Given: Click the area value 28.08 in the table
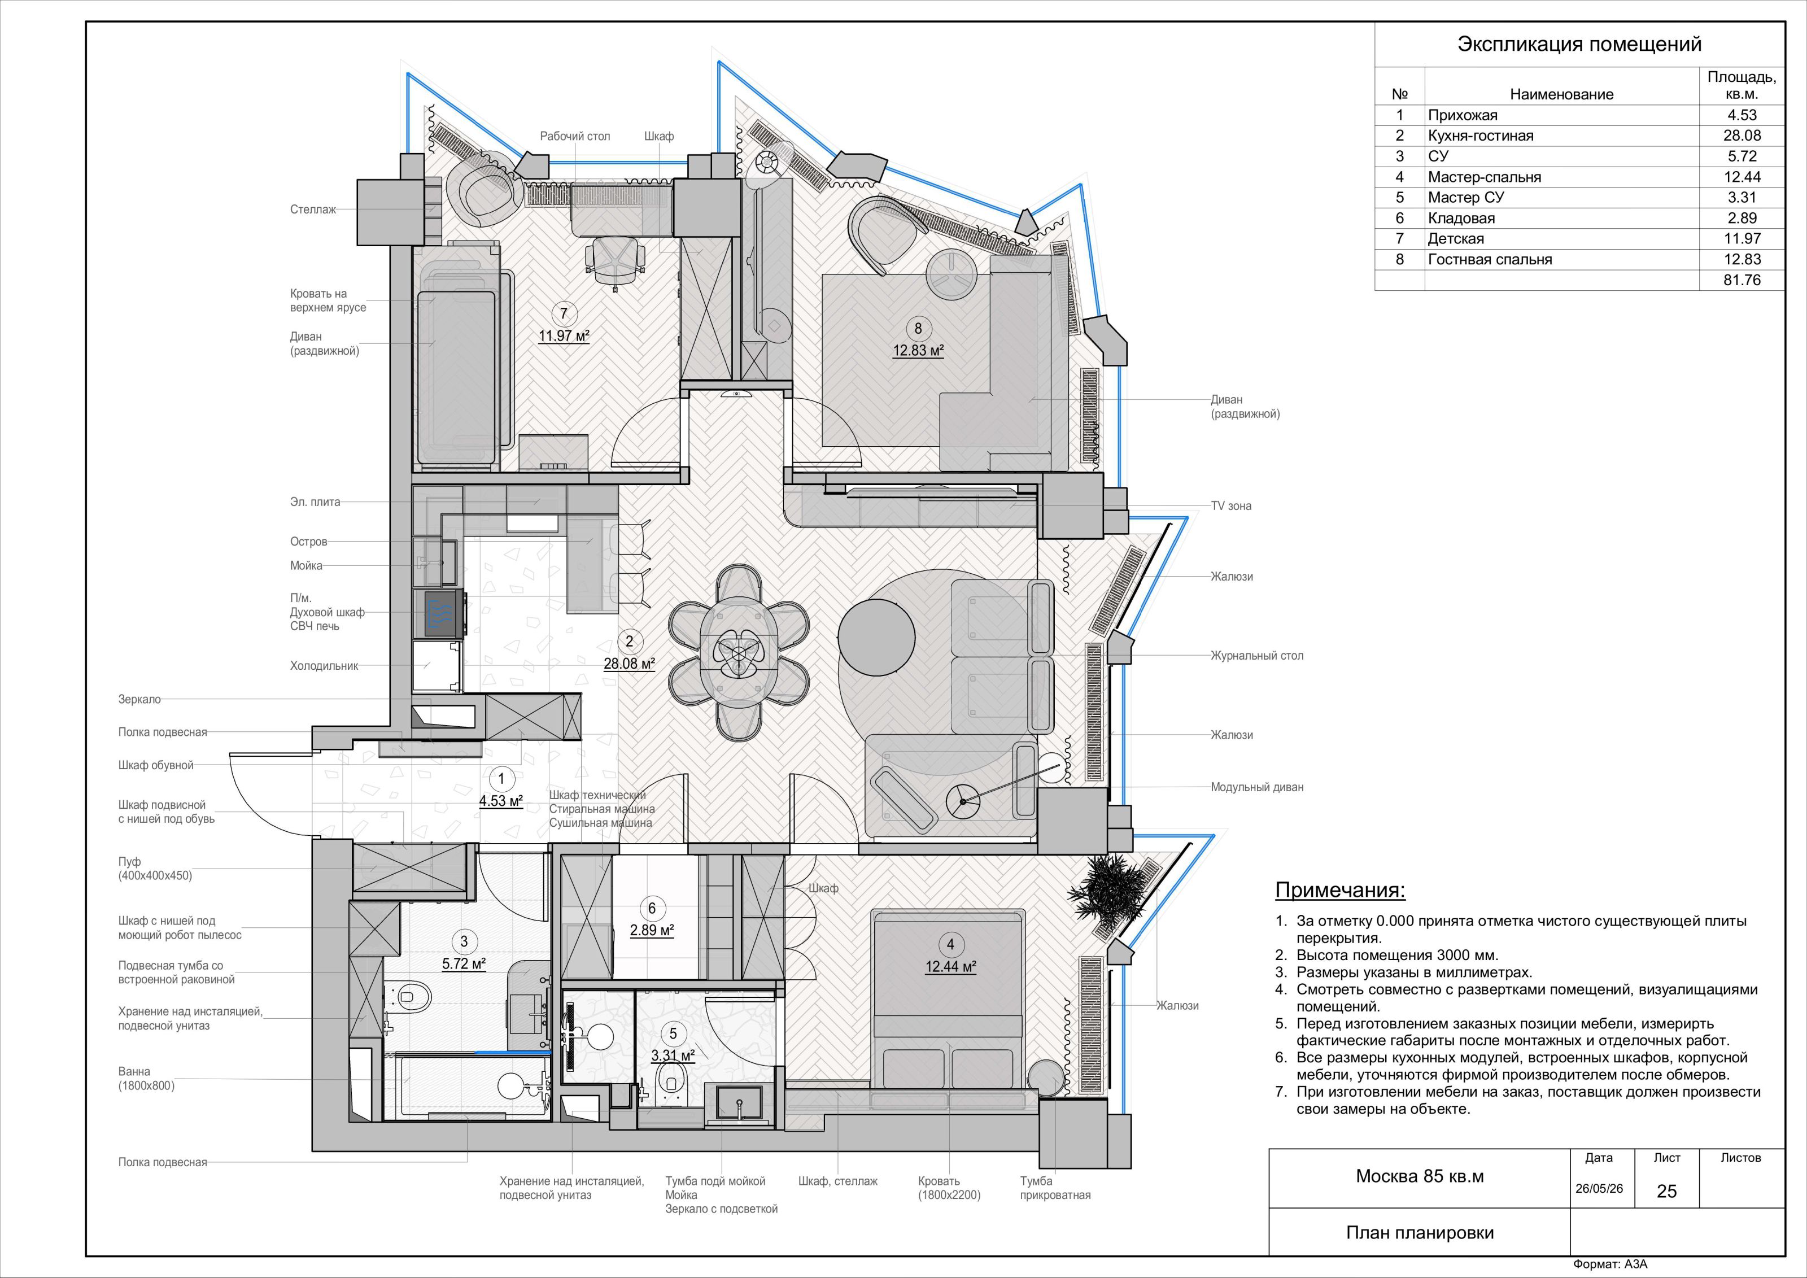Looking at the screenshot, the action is (x=1741, y=136).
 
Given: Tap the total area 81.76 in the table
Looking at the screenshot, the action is (x=1741, y=280).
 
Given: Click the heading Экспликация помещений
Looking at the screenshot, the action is (x=1579, y=44).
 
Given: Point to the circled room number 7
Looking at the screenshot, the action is (x=564, y=314).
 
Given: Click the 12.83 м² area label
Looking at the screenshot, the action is (x=918, y=350).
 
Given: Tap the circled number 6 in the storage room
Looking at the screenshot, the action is (x=652, y=909).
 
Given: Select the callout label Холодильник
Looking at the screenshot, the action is (x=324, y=666).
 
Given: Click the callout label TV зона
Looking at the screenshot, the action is (x=1232, y=506).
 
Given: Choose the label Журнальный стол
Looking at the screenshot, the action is (x=1257, y=656).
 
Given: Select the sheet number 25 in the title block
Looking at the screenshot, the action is (x=1667, y=1192).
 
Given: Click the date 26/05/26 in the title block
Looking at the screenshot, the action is (x=1599, y=1188).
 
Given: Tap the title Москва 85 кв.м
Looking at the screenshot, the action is (x=1420, y=1176).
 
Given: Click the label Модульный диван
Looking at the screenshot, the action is (x=1257, y=787).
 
